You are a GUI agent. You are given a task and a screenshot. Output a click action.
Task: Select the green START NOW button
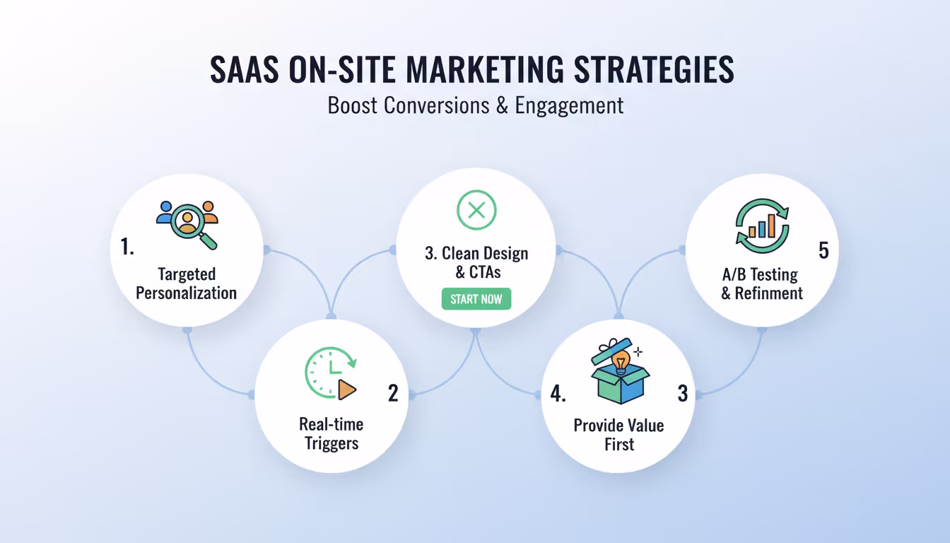point(476,299)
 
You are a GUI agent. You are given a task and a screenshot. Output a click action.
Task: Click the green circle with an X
point(476,209)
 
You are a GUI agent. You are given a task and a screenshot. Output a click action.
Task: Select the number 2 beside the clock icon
point(393,393)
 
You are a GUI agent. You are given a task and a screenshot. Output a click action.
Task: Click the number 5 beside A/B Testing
point(823,251)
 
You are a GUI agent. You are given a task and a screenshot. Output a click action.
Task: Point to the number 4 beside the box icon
point(557,394)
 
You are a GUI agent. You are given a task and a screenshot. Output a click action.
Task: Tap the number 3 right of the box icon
point(682,394)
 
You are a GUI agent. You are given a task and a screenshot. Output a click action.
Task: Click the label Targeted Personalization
point(187,284)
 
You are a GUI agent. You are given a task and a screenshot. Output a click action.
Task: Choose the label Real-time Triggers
point(331,433)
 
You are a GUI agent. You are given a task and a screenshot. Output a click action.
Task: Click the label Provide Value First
point(618,435)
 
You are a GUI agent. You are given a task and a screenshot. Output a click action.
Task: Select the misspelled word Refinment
point(769,293)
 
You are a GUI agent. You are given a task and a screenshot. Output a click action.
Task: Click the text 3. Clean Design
point(476,254)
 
